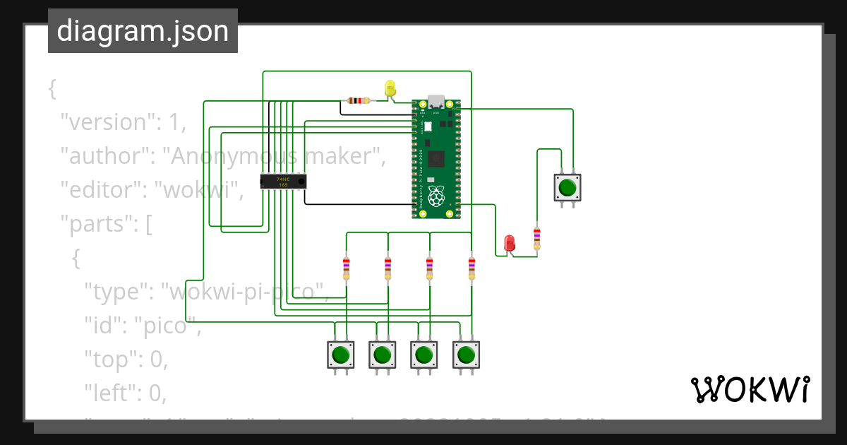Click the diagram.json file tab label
(143, 31)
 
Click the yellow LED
(390, 89)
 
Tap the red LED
(510, 244)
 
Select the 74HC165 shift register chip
(283, 181)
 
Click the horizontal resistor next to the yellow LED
(359, 100)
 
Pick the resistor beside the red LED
(537, 238)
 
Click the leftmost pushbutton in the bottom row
(340, 354)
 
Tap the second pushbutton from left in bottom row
(382, 354)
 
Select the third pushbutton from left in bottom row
(423, 354)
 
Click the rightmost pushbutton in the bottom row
(464, 354)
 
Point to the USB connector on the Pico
(436, 102)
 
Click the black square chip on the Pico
(437, 159)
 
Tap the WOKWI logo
(750, 390)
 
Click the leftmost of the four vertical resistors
(346, 268)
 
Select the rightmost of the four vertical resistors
(471, 268)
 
